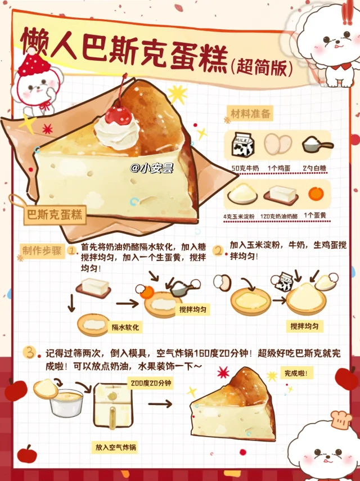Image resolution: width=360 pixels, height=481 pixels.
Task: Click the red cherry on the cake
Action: point(118,116)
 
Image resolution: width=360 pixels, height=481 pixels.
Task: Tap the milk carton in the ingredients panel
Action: point(243,145)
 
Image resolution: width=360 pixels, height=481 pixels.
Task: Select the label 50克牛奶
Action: point(245,168)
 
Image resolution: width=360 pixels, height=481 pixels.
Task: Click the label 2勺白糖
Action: point(314,168)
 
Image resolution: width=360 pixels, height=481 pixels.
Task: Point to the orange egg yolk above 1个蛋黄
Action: point(316,194)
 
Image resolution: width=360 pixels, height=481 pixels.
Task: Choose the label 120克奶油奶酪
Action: point(279,216)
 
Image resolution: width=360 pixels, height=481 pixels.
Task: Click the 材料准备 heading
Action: point(250,114)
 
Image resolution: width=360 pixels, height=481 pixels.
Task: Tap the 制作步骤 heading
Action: point(42,250)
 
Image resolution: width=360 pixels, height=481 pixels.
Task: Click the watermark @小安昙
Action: point(152,168)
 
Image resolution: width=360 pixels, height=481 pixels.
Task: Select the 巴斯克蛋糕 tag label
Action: point(55,214)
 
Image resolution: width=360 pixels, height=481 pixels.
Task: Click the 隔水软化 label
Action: point(125,327)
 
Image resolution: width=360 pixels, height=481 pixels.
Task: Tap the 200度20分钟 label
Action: point(151,383)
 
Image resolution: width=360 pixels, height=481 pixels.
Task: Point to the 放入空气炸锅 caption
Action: point(116,447)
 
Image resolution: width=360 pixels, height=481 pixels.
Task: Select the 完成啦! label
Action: point(296,374)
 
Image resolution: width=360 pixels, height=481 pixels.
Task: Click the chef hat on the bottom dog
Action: point(341,419)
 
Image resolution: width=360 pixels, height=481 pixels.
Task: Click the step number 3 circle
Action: point(30,353)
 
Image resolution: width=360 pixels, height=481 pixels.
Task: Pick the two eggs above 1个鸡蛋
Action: point(278,144)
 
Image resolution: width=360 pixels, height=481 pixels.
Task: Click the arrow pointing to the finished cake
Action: point(160,404)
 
